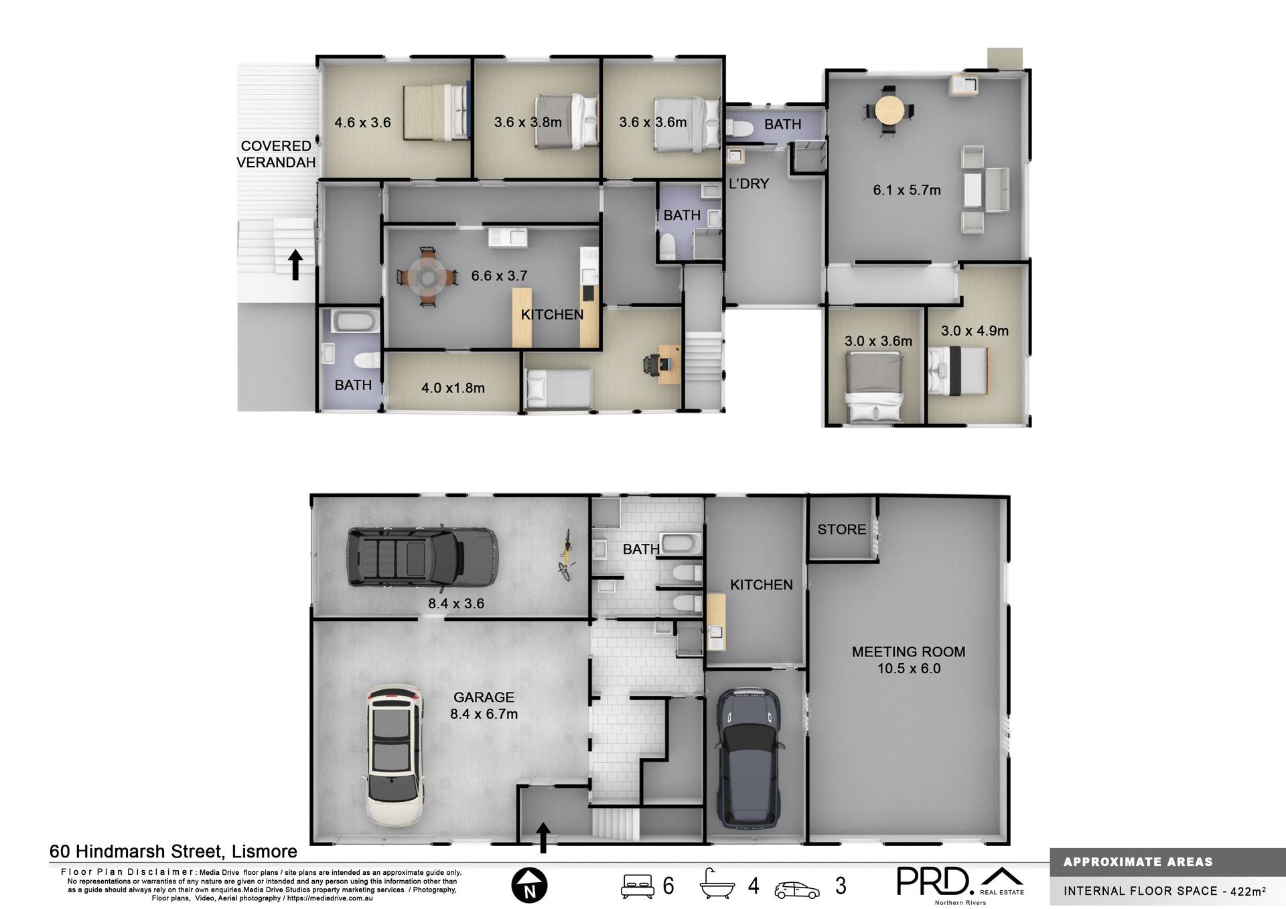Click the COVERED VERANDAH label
pyautogui.click(x=275, y=154)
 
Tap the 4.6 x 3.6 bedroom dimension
pyautogui.click(x=362, y=123)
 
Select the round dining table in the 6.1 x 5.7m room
pyautogui.click(x=889, y=110)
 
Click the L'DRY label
pyautogui.click(x=748, y=184)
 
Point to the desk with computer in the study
pyautogui.click(x=667, y=364)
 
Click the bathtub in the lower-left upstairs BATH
pyautogui.click(x=354, y=321)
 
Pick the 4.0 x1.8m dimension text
pyautogui.click(x=453, y=388)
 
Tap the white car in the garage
pyautogui.click(x=395, y=755)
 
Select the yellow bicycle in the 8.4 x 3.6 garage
pyautogui.click(x=566, y=555)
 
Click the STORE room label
pyautogui.click(x=841, y=529)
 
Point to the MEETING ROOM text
pyautogui.click(x=908, y=652)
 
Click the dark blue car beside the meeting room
pyautogui.click(x=749, y=757)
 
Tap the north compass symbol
pyautogui.click(x=529, y=885)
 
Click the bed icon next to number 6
pyautogui.click(x=637, y=886)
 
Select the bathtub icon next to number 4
pyautogui.click(x=717, y=884)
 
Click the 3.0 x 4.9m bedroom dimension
pyautogui.click(x=974, y=331)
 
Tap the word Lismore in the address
pyautogui.click(x=264, y=851)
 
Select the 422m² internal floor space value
pyautogui.click(x=1248, y=891)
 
